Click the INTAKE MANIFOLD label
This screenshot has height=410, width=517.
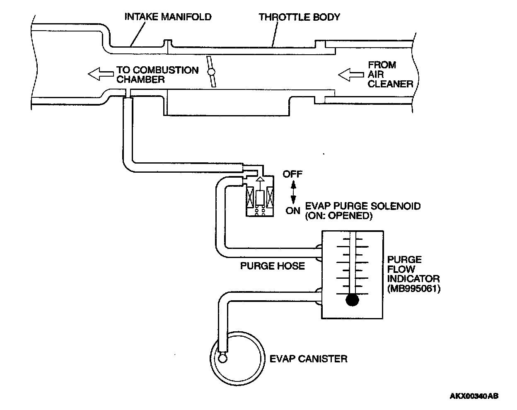point(168,17)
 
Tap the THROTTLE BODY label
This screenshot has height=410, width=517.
point(300,17)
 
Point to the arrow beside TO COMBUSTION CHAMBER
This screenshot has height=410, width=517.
point(101,74)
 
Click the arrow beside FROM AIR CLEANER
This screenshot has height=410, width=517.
point(351,75)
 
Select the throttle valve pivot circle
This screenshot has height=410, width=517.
point(211,72)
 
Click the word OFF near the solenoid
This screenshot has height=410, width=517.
point(292,174)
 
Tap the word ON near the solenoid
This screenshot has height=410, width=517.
point(293,211)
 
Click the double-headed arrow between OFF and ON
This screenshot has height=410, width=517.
point(293,192)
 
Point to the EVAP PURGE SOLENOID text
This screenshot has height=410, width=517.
point(363,206)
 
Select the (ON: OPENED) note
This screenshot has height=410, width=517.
point(339,216)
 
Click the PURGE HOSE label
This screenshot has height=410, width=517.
point(273,266)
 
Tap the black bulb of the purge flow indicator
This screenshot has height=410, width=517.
point(352,300)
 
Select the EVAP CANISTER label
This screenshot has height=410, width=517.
point(309,359)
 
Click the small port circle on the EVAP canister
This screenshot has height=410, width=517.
point(222,359)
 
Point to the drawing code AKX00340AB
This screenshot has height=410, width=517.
point(474,396)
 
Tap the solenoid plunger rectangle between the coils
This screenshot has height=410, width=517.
point(260,198)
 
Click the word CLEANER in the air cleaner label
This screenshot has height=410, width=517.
point(390,84)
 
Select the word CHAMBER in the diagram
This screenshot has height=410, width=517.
point(140,79)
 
